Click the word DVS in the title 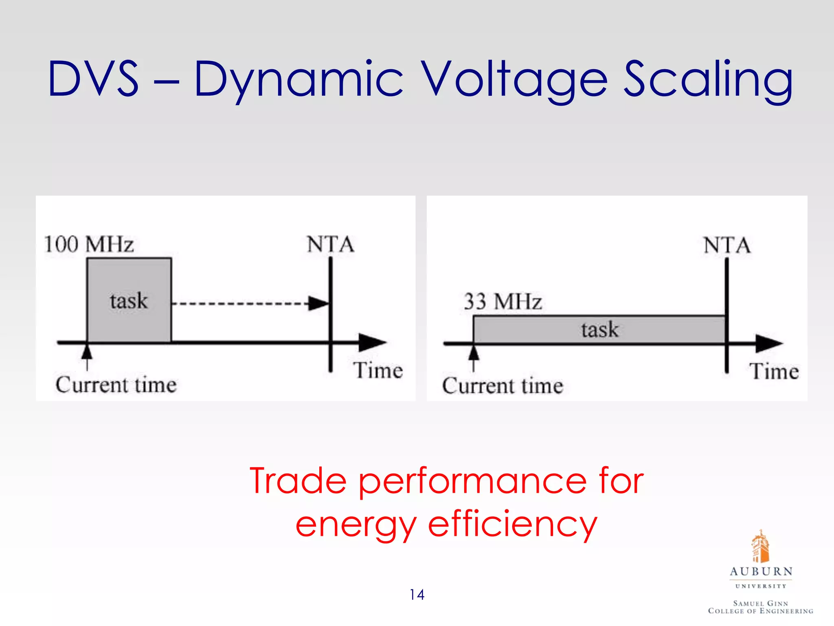(93, 79)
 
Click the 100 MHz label (89, 245)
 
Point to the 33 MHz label (503, 302)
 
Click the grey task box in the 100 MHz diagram (129, 300)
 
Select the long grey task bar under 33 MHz (599, 329)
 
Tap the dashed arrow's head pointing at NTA (318, 303)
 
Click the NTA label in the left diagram (330, 245)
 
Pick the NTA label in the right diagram (727, 245)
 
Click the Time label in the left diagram (378, 370)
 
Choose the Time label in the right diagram (774, 371)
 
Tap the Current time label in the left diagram (116, 385)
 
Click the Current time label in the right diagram (503, 386)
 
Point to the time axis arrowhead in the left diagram (372, 342)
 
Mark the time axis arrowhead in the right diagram (769, 343)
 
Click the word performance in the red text (472, 482)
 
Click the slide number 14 (417, 595)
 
